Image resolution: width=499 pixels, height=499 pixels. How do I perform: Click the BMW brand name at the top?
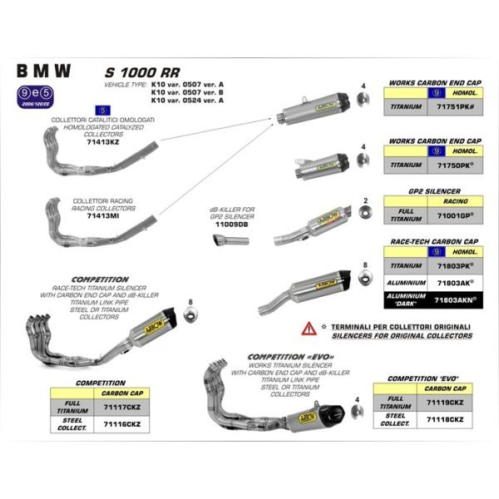point(43,72)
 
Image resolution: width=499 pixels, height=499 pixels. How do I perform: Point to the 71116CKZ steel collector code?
point(121,422)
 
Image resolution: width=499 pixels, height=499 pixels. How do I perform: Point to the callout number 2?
point(365,201)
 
